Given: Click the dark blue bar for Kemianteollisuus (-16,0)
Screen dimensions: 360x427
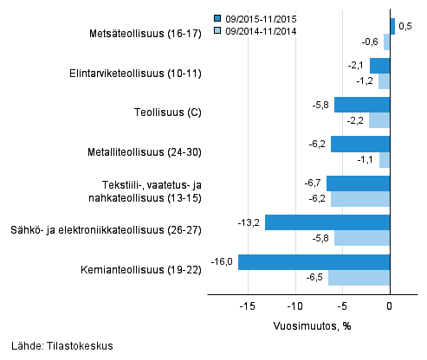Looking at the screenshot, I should [x=314, y=262].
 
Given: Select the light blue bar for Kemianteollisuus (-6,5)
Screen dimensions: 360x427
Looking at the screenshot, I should [x=359, y=278].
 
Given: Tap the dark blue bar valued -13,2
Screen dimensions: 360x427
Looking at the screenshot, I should [x=327, y=222].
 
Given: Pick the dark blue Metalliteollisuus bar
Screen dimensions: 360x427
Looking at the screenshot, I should [x=360, y=145].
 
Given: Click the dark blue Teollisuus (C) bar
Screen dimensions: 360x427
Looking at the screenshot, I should [x=362, y=105].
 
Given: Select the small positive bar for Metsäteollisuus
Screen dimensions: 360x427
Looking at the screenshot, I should [x=392, y=26].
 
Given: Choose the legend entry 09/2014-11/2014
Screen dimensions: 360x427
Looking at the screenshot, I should [x=260, y=30].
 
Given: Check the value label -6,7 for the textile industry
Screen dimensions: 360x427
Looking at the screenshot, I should [x=312, y=183].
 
